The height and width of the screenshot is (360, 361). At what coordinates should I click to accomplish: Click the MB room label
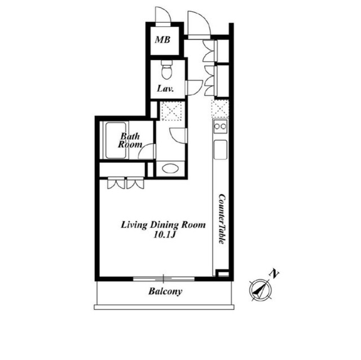[x=162, y=40]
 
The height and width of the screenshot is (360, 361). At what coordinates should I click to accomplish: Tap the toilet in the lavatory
[x=166, y=70]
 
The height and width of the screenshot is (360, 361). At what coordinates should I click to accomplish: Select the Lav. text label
[x=165, y=89]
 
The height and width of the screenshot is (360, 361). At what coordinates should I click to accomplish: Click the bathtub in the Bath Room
[x=116, y=140]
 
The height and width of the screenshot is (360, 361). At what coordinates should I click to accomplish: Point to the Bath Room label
[x=130, y=140]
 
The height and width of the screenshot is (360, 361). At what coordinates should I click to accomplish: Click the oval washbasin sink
[x=170, y=168]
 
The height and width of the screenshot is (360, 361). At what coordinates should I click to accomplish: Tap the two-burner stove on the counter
[x=221, y=126]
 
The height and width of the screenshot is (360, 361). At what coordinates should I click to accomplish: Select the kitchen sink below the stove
[x=221, y=150]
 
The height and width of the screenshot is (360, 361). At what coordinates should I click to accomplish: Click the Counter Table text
[x=222, y=219]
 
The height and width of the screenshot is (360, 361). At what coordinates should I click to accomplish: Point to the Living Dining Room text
[x=163, y=225]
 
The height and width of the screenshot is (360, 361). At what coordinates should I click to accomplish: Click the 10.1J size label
[x=165, y=235]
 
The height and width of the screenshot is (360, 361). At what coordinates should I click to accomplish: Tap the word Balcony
[x=165, y=291]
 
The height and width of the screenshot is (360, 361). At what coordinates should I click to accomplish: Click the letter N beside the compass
[x=274, y=274]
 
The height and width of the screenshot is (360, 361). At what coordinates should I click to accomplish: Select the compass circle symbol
[x=261, y=290]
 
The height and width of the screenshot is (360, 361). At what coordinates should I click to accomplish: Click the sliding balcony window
[x=164, y=279]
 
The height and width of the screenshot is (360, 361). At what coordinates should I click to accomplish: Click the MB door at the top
[x=163, y=15]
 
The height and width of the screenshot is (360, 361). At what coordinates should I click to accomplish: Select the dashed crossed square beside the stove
[x=220, y=109]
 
